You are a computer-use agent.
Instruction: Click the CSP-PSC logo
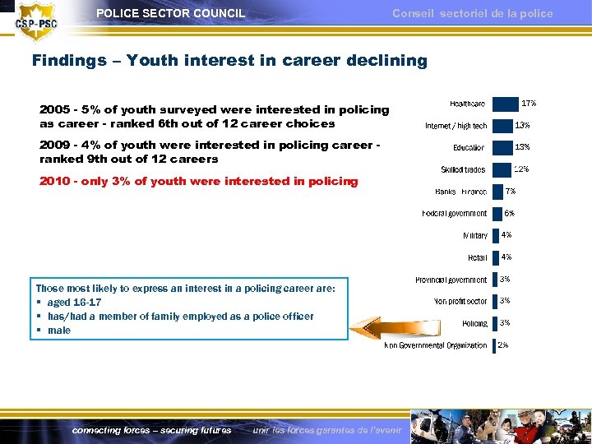(37, 23)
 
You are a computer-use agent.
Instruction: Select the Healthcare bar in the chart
(505, 104)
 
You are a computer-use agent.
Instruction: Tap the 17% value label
(529, 103)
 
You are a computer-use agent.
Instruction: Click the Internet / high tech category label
(456, 126)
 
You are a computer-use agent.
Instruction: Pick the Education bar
(502, 147)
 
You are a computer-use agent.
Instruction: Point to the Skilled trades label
(463, 169)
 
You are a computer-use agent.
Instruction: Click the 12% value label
(520, 169)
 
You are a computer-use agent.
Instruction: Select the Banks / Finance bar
(497, 192)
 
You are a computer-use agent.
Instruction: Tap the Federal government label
(454, 214)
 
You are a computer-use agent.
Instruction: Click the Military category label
(474, 236)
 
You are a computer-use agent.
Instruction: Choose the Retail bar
(495, 257)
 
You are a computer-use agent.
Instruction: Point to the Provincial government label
(451, 280)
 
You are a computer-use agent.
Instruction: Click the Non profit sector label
(460, 302)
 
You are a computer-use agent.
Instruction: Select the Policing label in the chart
(474, 324)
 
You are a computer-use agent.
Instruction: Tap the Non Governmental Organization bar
(493, 345)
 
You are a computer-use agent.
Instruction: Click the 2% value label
(502, 345)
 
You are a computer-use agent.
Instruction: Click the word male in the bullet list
(59, 331)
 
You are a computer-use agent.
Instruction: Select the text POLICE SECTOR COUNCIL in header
(170, 13)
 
